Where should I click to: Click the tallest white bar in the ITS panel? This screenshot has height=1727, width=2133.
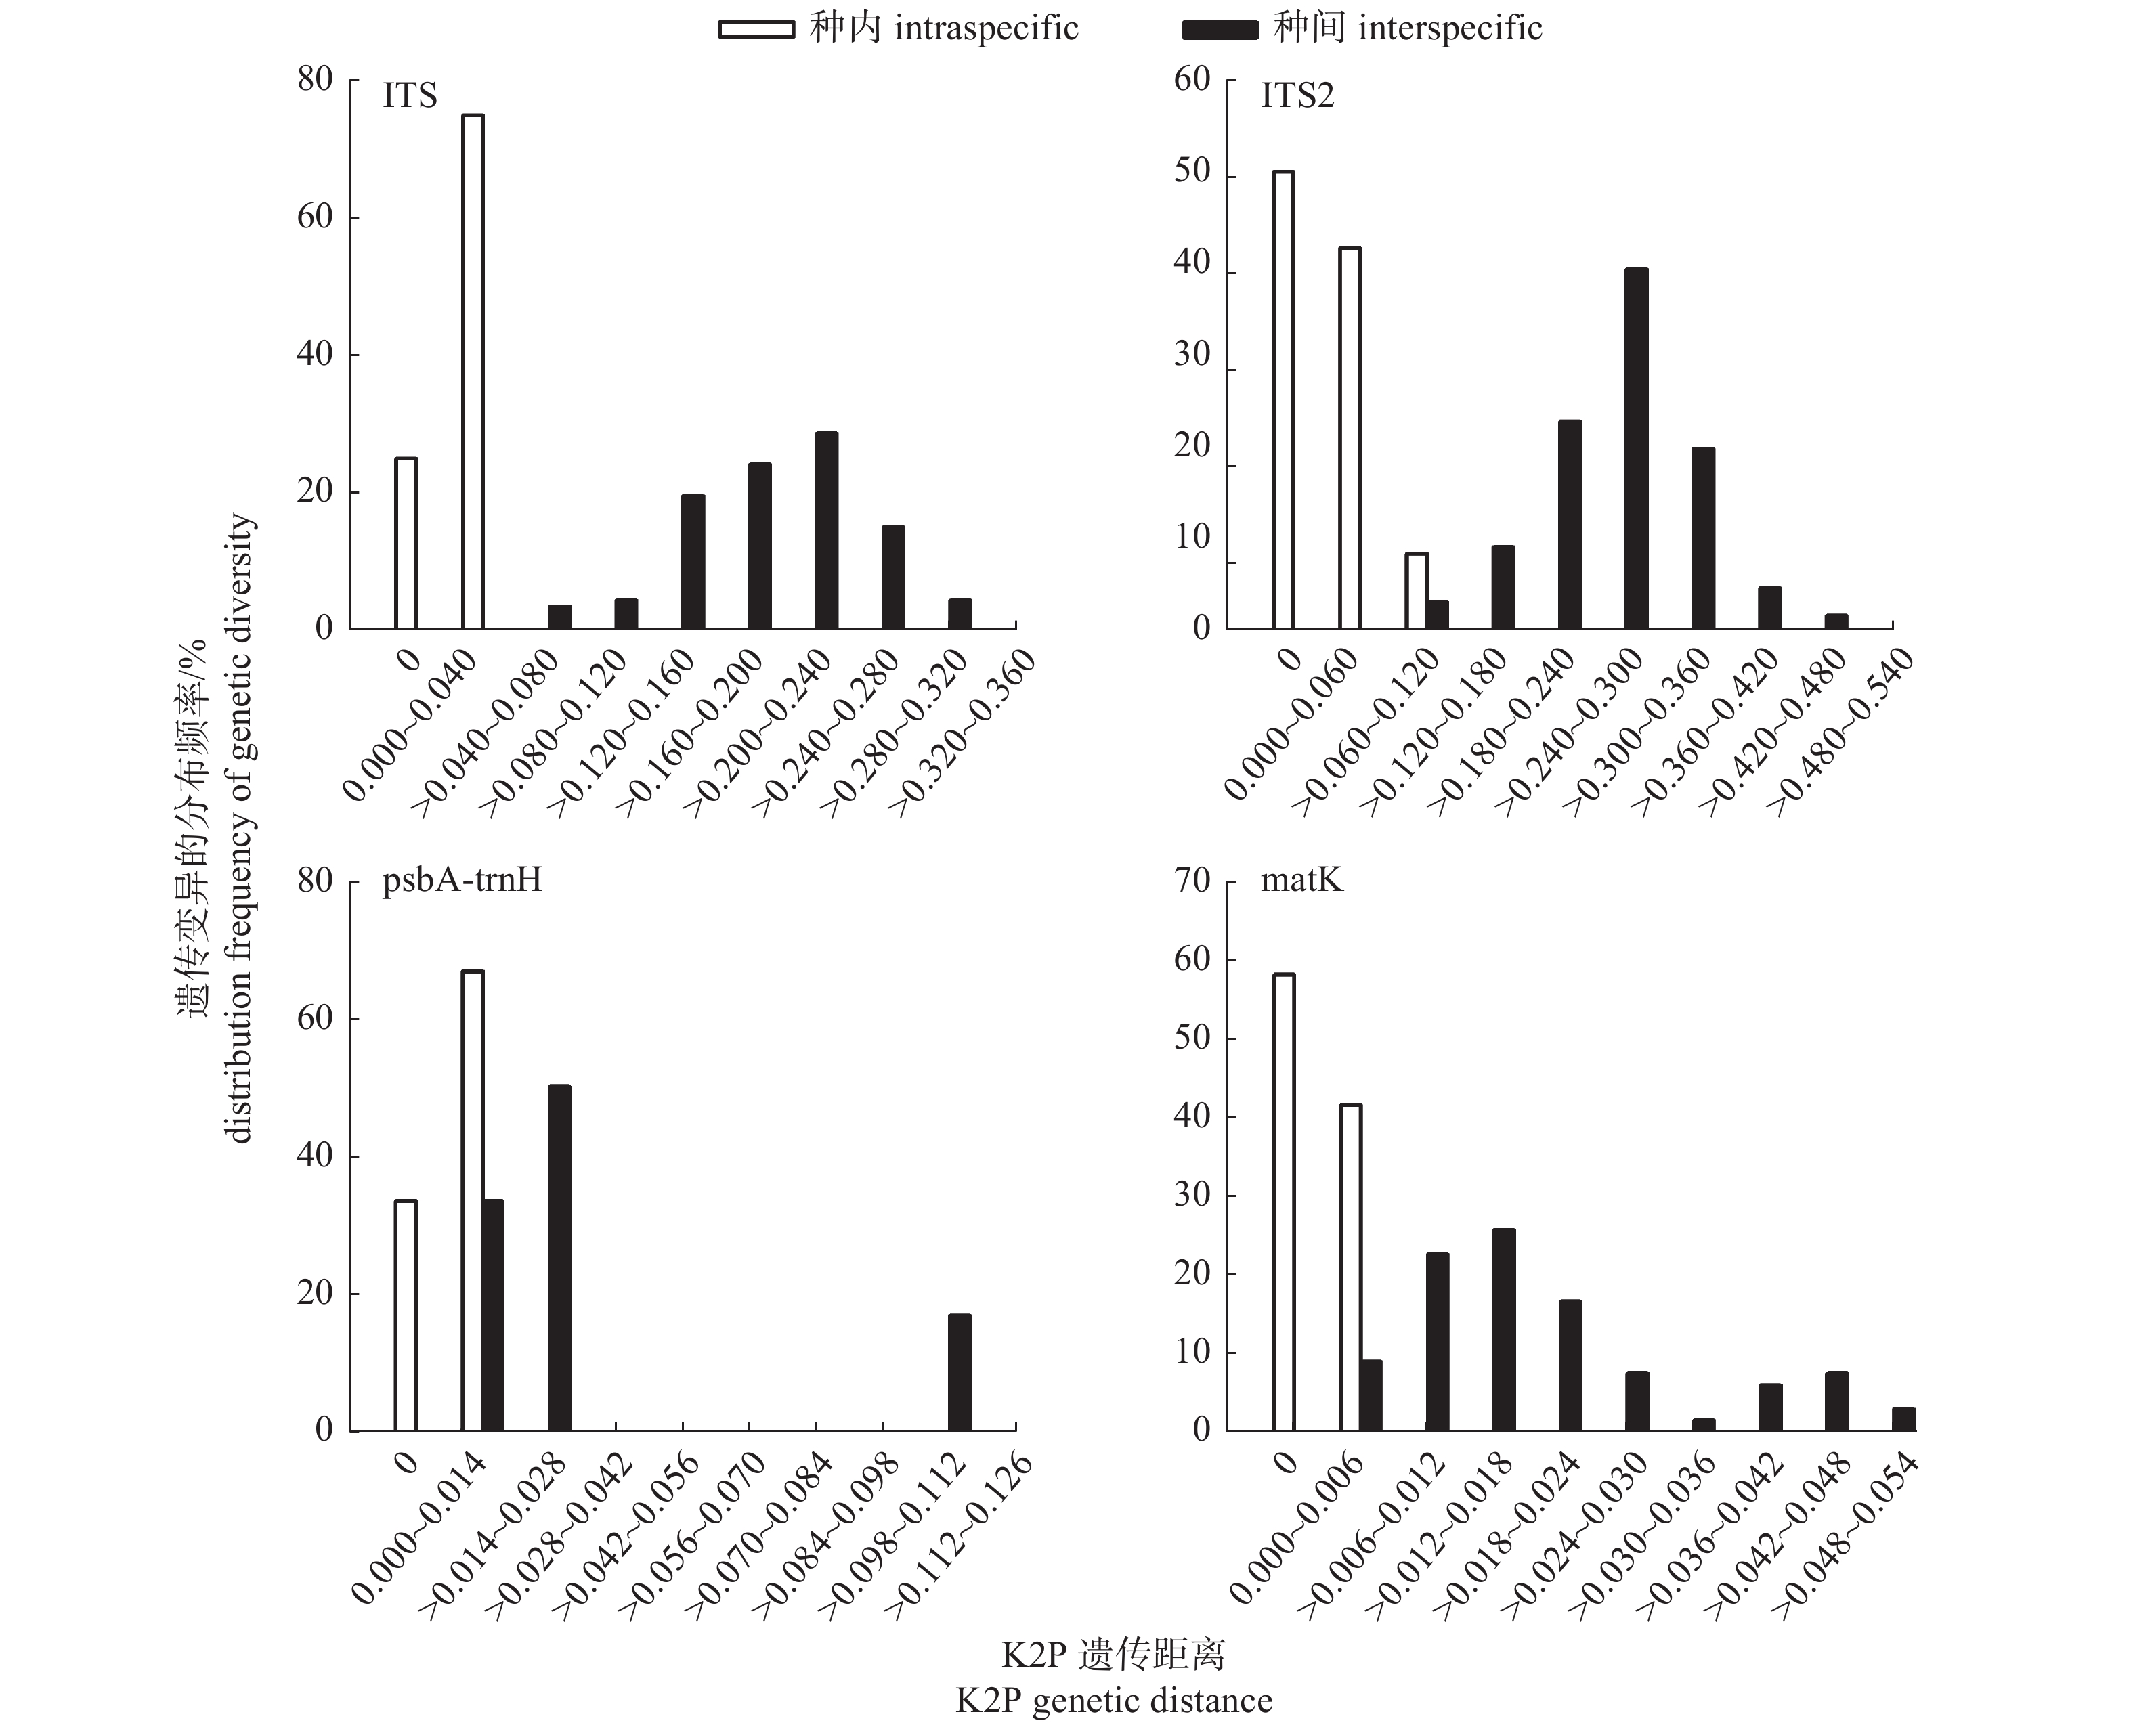473,372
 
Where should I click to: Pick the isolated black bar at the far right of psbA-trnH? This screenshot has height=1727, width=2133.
959,1373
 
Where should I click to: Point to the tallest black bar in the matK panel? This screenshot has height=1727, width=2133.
1503,1330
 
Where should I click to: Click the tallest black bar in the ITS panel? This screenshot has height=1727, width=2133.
825,530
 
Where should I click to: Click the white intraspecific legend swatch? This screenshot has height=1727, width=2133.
756,29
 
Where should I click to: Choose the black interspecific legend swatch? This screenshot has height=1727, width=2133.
1220,29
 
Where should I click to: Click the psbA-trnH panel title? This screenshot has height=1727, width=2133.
462,881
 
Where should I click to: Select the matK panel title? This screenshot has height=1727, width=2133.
1301,881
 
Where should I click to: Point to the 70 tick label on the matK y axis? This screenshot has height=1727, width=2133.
1192,881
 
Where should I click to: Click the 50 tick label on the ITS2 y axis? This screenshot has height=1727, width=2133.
1192,171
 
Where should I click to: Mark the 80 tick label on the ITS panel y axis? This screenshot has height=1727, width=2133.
314,80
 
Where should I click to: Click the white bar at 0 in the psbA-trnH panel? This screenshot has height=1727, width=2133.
405,1315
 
